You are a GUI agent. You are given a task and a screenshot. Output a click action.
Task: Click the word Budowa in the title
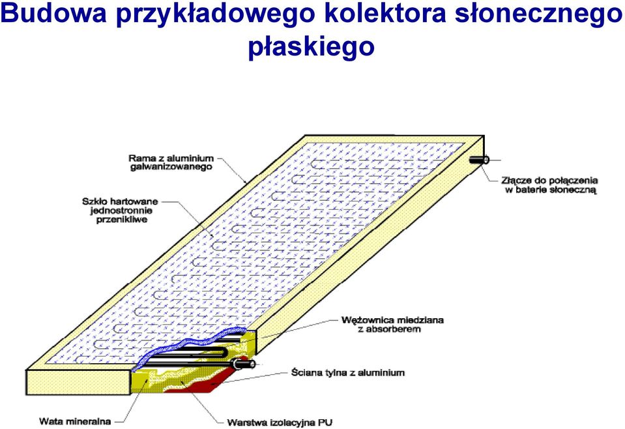(54, 14)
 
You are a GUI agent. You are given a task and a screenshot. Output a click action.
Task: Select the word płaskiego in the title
(312, 47)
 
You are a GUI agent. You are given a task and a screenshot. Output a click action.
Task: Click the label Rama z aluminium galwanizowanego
(171, 163)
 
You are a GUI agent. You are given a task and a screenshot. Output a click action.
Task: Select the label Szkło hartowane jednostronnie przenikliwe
(120, 211)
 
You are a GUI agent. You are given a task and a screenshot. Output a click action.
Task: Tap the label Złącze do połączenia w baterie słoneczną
(549, 185)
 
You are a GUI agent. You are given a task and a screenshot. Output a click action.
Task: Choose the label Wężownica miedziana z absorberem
(392, 325)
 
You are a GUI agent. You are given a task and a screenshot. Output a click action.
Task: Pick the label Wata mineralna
(75, 421)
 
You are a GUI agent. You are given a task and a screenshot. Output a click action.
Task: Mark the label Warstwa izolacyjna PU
(280, 422)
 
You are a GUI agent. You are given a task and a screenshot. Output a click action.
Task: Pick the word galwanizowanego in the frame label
(171, 167)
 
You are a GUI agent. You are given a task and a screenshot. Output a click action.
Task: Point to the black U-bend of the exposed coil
(225, 353)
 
